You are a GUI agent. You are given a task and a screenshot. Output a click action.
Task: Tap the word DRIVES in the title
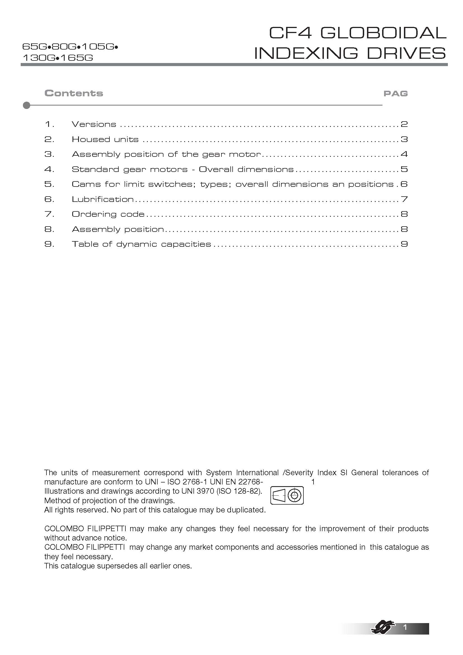[406, 53]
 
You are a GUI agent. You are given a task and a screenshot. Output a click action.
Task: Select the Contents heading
[74, 93]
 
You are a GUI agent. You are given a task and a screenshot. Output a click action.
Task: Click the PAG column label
[396, 94]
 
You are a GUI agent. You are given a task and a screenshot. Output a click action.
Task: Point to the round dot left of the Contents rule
[27, 105]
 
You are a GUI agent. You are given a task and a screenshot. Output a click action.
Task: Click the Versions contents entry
[94, 124]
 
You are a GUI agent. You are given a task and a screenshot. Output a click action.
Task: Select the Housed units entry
[105, 139]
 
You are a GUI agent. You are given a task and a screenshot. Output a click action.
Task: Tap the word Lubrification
[103, 199]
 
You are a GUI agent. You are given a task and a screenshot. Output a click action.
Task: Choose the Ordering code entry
[108, 214]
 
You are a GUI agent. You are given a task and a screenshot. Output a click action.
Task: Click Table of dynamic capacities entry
[141, 244]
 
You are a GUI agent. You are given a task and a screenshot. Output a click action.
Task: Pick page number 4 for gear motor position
[404, 154]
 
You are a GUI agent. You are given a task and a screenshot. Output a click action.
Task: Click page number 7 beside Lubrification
[404, 199]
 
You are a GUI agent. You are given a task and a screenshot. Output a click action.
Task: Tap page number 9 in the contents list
[404, 244]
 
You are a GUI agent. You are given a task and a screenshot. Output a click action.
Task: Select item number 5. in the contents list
[49, 184]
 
